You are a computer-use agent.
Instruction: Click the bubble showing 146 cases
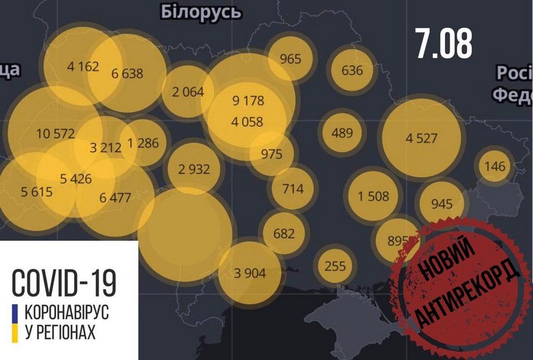pos(495,167)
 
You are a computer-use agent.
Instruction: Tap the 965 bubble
pos(290,59)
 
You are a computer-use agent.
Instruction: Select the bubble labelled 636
pos(351,71)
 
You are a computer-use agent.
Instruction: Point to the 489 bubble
pos(341,133)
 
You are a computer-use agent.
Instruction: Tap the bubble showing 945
pos(442,203)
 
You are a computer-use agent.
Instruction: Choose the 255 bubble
pos(334,265)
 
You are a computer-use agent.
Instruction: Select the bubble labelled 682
pos(284,233)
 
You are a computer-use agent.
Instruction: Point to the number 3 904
pos(250,272)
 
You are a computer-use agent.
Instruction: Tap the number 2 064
pos(187,92)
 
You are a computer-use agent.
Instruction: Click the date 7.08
pos(443,44)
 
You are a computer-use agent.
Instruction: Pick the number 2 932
pos(194,169)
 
